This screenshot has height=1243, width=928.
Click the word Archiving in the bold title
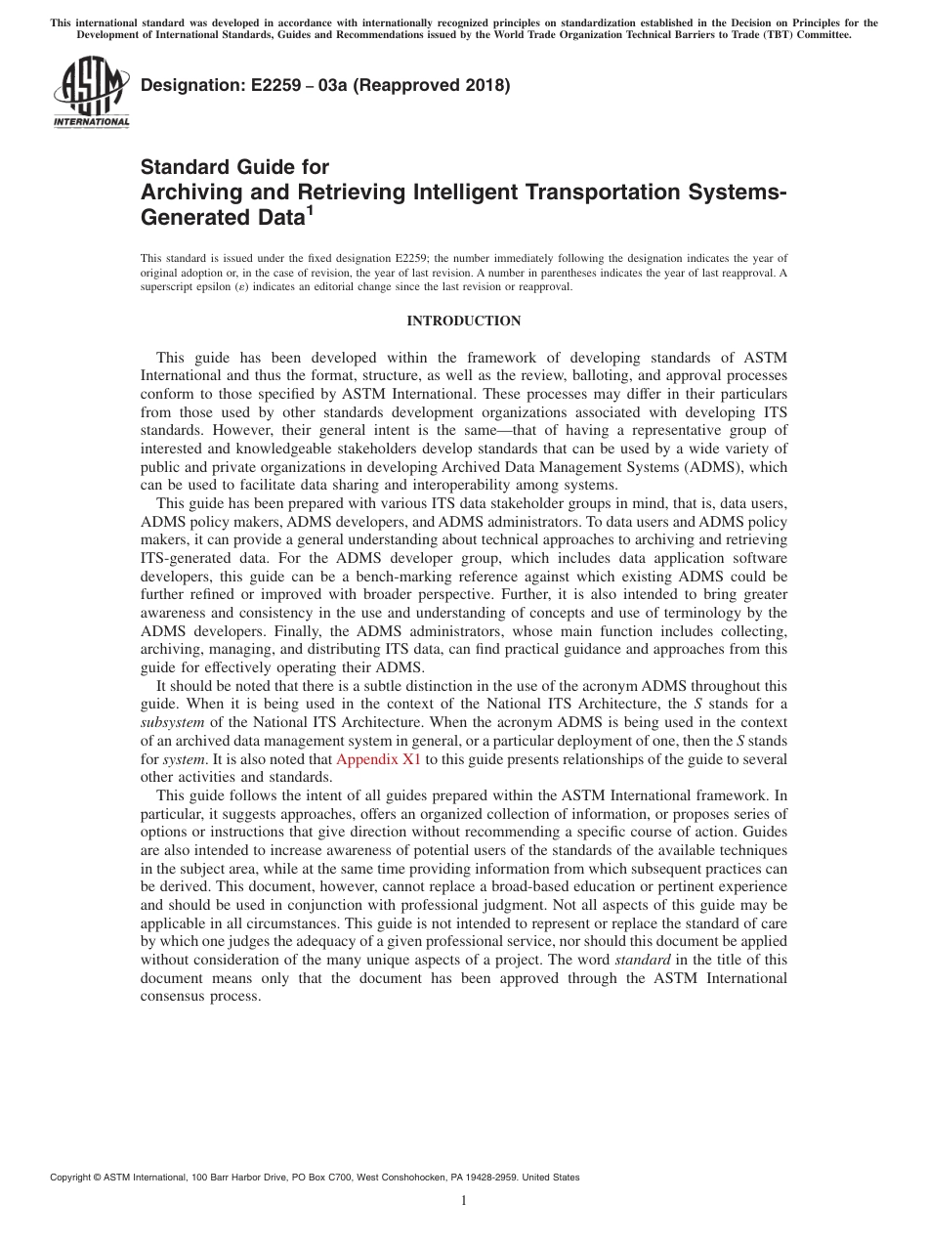click(x=188, y=192)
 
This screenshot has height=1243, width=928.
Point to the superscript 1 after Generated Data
click(x=310, y=208)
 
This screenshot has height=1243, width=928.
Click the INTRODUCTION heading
click(x=463, y=321)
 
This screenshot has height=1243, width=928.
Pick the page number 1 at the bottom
click(x=464, y=1201)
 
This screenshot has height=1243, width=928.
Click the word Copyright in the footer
click(x=73, y=1178)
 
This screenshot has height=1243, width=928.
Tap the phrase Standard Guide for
click(x=234, y=167)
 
